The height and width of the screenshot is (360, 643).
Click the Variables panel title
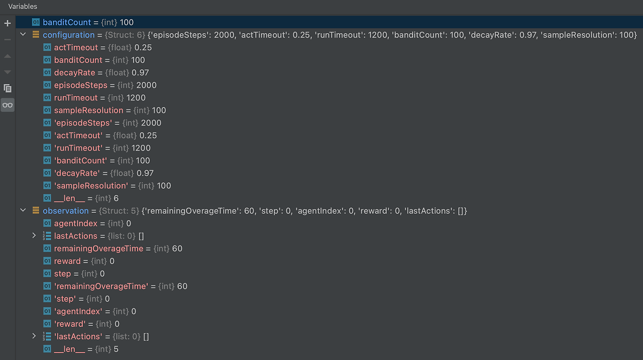[x=23, y=7]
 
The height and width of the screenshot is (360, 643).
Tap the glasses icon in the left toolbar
[x=8, y=105]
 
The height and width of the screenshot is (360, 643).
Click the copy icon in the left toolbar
[x=8, y=88]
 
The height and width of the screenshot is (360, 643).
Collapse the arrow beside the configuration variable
[x=23, y=35]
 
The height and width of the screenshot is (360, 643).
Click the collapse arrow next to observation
[x=23, y=211]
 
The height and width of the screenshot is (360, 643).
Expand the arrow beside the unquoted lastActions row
[x=34, y=236]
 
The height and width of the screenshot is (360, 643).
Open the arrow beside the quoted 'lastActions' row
[x=34, y=336]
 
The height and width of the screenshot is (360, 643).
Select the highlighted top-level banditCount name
[x=67, y=23]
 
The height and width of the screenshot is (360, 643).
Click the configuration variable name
[x=68, y=35]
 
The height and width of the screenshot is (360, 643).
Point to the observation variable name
[x=65, y=211]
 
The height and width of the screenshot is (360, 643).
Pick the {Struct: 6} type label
[x=119, y=35]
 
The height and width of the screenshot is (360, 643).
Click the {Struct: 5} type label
[x=119, y=211]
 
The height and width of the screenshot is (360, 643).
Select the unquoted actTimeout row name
[x=76, y=48]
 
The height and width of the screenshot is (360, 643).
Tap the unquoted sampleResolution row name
[x=88, y=110]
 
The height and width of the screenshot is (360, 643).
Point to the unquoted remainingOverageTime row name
[x=98, y=249]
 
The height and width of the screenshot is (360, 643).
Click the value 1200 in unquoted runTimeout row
[x=136, y=98]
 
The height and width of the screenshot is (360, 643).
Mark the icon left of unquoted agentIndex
[x=47, y=223]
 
